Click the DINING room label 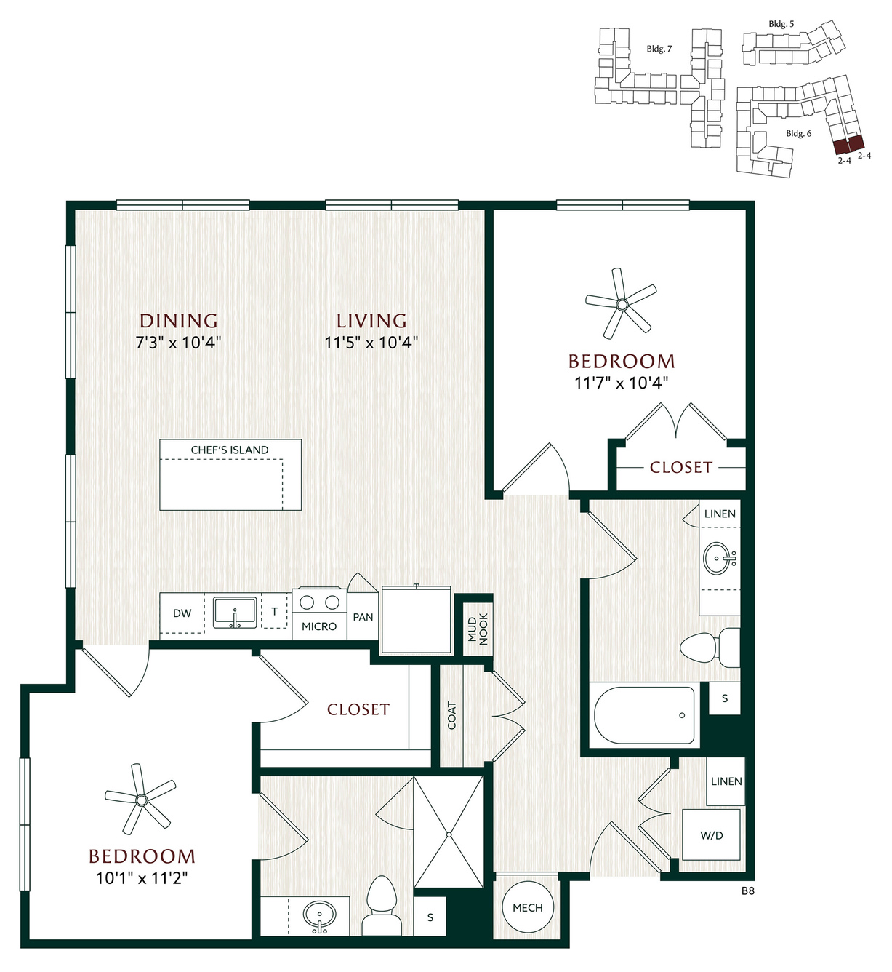179,321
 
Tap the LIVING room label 372,321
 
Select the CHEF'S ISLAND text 230,450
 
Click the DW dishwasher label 182,613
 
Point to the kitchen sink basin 235,613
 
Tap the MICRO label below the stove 319,626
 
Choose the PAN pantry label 363,617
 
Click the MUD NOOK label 478,629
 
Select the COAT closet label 451,715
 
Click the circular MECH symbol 528,907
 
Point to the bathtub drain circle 683,715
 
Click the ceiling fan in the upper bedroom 622,304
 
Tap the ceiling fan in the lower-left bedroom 141,800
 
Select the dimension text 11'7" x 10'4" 622,383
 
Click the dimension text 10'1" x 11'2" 142,877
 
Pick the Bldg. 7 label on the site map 659,49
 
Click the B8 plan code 747,891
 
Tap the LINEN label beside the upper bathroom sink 720,514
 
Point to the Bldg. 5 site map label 781,24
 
